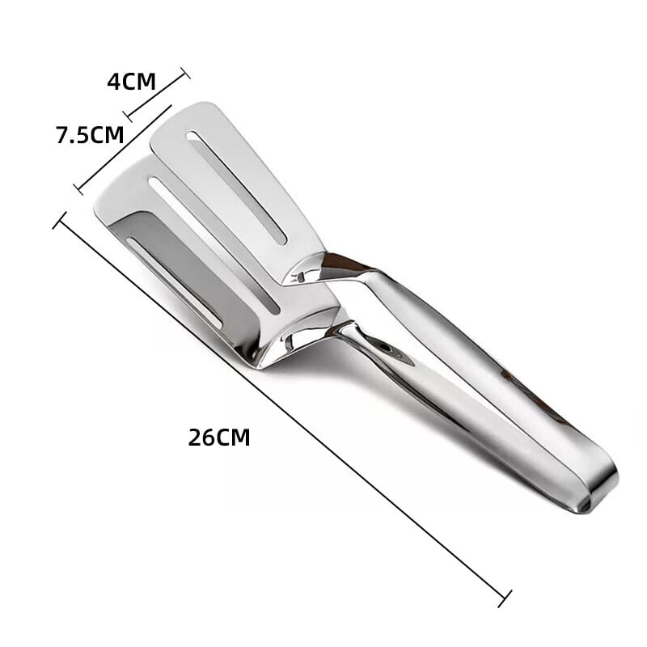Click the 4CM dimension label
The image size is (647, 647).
(131, 81)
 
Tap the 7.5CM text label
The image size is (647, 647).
(90, 135)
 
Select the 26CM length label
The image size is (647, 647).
(219, 438)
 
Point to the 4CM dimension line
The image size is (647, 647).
(157, 95)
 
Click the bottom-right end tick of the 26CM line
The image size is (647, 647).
(505, 599)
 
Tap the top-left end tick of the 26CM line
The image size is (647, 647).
(59, 220)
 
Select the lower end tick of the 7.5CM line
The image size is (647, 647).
(78, 189)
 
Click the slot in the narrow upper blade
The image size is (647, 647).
(235, 187)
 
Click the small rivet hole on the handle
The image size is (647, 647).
(388, 349)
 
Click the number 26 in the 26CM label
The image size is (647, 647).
(201, 438)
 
